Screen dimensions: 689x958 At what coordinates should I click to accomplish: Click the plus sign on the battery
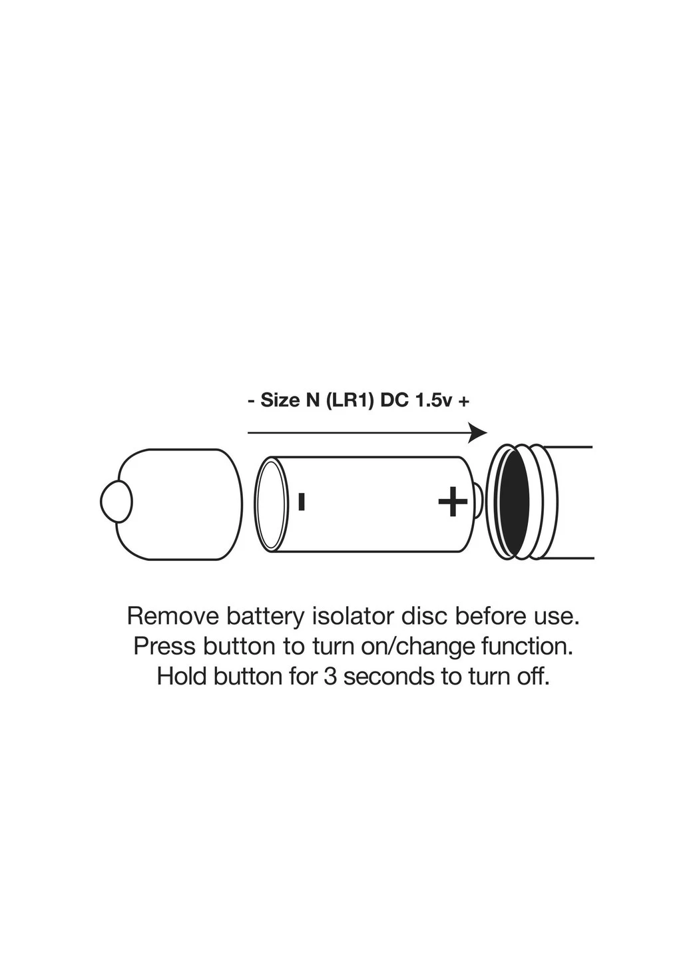pos(453,501)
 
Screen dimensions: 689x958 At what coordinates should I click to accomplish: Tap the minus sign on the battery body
pos(302,502)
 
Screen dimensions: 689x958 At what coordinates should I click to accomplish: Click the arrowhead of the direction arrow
pos(477,433)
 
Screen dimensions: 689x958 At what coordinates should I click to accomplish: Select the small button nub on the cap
pos(116,502)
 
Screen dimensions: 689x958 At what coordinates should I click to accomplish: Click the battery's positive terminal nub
pos(479,501)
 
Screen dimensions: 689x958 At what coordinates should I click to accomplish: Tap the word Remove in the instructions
pos(173,616)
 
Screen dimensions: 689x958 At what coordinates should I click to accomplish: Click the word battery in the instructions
pos(266,616)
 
